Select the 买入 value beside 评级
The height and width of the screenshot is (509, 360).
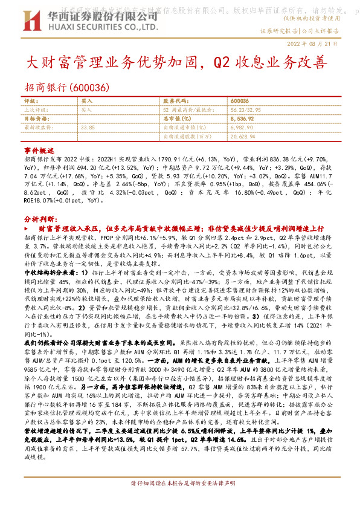86,102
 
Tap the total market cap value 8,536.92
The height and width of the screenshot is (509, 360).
242,119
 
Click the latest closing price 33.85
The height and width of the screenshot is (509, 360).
88,128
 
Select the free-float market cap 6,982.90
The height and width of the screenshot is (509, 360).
242,128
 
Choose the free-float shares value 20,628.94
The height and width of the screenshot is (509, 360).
243,137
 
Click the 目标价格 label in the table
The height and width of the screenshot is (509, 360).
34,119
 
